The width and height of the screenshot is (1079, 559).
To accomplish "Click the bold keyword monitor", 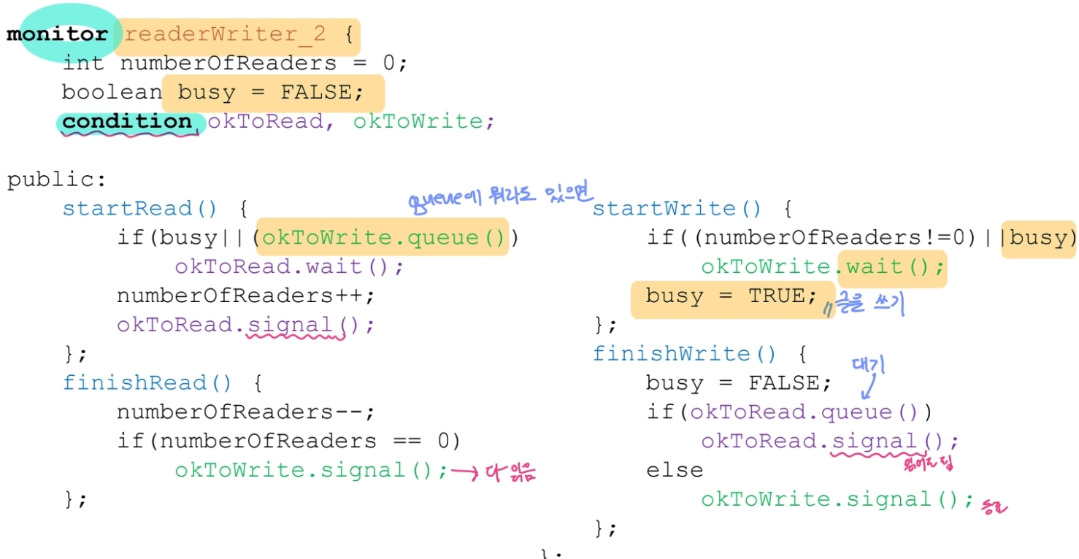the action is pyautogui.click(x=57, y=34).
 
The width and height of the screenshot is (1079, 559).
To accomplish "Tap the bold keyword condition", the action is pyautogui.click(x=126, y=121).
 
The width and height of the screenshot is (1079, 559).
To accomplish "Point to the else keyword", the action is pyautogui.click(x=675, y=471).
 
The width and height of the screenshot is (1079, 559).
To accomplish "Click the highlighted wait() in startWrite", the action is pyautogui.click(x=891, y=266).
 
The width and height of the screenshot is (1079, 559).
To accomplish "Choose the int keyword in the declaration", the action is pyautogui.click(x=83, y=63).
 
